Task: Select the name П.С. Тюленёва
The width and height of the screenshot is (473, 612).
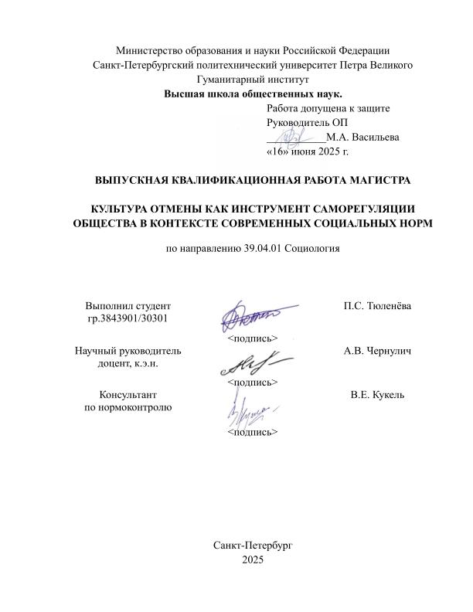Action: point(377,306)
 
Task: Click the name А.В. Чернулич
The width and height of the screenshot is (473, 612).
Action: point(376,352)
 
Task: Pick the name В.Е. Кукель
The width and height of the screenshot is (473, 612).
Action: point(377,396)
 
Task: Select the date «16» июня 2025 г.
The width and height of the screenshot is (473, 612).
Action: point(308,152)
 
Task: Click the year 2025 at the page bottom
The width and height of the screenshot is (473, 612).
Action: point(253,559)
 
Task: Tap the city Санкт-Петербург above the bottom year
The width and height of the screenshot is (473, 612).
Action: point(253,545)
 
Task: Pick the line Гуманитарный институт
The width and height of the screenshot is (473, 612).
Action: point(253,80)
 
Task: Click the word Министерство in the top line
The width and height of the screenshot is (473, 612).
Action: point(154,50)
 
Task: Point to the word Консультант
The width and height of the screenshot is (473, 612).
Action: point(128,396)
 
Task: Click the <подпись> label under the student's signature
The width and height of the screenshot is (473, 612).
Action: point(252,338)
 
